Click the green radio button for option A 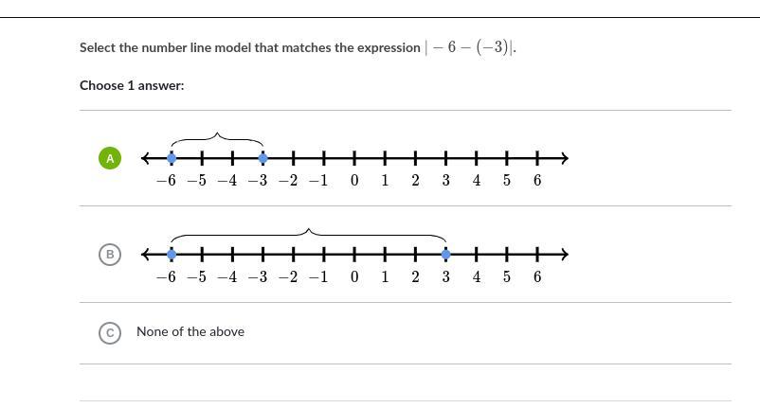[x=110, y=158]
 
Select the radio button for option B [x=110, y=254]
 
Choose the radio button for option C [x=110, y=332]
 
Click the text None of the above [x=190, y=331]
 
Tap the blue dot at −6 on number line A [x=172, y=158]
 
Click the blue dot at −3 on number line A [x=262, y=158]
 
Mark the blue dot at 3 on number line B [x=446, y=254]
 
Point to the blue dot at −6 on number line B [x=172, y=254]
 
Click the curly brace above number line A [x=217, y=139]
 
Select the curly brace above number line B [x=309, y=233]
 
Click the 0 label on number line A [x=354, y=181]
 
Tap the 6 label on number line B [x=537, y=277]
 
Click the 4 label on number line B [x=477, y=277]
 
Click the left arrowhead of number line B [x=146, y=254]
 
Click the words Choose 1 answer [x=132, y=85]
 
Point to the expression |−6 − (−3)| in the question [x=470, y=47]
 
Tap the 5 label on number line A [x=507, y=181]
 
